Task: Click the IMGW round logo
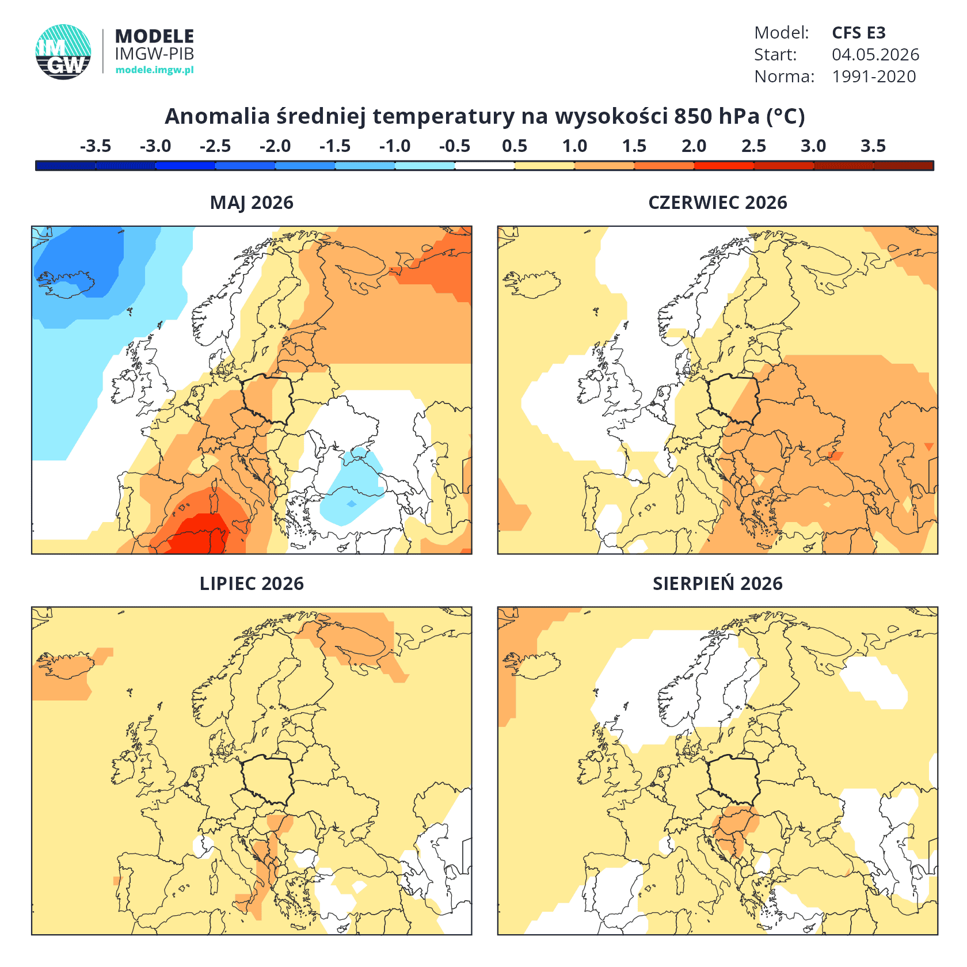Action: pos(63,52)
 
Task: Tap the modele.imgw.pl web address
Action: pos(154,70)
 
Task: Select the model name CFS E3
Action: pos(859,33)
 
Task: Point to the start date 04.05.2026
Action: pos(875,55)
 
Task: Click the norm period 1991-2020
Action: pos(874,77)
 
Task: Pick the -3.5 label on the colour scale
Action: pos(96,146)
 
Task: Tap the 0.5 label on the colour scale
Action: pos(515,146)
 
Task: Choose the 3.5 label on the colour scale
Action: pos(873,146)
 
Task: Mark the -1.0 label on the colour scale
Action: pos(395,146)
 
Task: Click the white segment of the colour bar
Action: pos(485,166)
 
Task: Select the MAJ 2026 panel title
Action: pos(252,203)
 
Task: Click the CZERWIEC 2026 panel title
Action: pos(718,203)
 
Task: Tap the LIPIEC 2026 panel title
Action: pos(252,584)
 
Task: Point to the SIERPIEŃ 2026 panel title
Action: pos(718,583)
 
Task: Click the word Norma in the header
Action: pos(784,77)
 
